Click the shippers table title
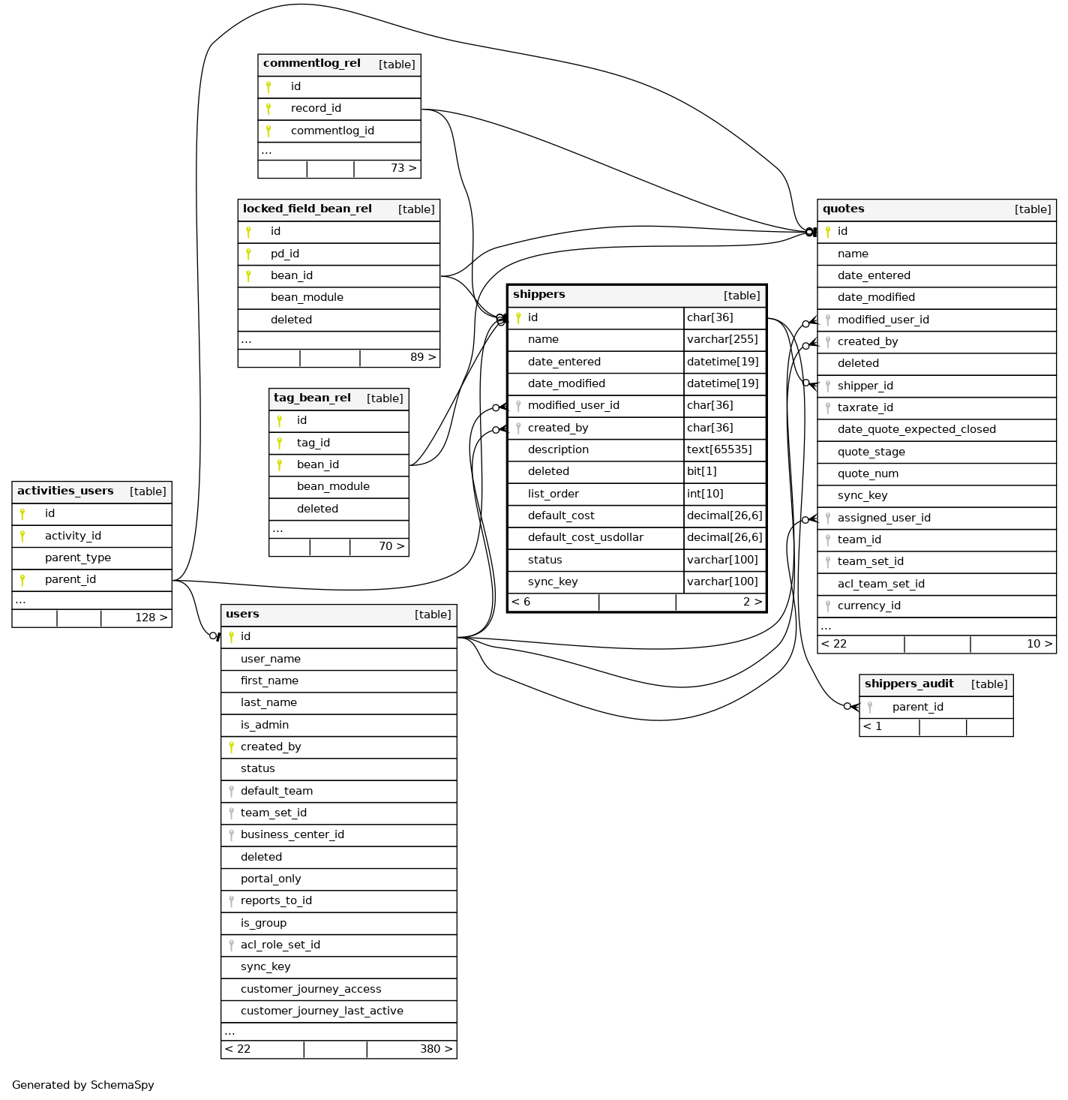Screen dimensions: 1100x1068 (x=539, y=295)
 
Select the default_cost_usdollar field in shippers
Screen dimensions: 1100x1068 (x=585, y=537)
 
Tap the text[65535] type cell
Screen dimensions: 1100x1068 (x=718, y=449)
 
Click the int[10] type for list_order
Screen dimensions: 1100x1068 (x=705, y=494)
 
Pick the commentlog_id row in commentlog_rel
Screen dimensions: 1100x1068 (x=332, y=131)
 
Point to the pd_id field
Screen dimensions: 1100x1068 (x=285, y=254)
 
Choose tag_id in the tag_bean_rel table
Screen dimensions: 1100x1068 (x=313, y=443)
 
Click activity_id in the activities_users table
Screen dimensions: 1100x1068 (x=73, y=536)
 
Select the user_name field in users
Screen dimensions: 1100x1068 (x=271, y=659)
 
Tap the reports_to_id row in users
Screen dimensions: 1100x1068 (x=276, y=900)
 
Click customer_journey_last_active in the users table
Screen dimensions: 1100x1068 (x=322, y=1011)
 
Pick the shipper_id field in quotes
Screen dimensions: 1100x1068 (x=865, y=386)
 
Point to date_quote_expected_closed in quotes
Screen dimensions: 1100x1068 (x=916, y=429)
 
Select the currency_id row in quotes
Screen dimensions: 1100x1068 (x=868, y=606)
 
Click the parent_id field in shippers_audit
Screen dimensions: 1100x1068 (x=918, y=707)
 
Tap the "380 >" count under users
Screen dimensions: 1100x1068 (x=436, y=1049)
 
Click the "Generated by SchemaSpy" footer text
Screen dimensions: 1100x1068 (x=83, y=1085)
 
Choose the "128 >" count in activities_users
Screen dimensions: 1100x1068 (x=151, y=618)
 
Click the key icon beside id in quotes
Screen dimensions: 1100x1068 (x=828, y=232)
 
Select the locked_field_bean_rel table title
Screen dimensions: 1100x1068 (x=307, y=209)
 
